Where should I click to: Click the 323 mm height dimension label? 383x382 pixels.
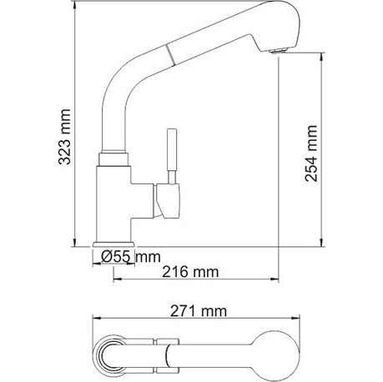[64, 137]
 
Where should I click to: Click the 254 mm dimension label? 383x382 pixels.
[311, 153]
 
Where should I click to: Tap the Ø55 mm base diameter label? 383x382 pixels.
[131, 256]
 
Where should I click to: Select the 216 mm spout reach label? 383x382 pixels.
[190, 272]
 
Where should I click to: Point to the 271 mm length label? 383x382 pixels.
[199, 311]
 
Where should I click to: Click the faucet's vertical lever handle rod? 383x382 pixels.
[172, 156]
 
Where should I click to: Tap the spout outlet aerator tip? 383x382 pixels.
[277, 51]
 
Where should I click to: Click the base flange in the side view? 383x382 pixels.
[114, 244]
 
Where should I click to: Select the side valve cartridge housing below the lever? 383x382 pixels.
[167, 200]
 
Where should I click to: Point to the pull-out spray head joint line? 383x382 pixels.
[171, 55]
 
